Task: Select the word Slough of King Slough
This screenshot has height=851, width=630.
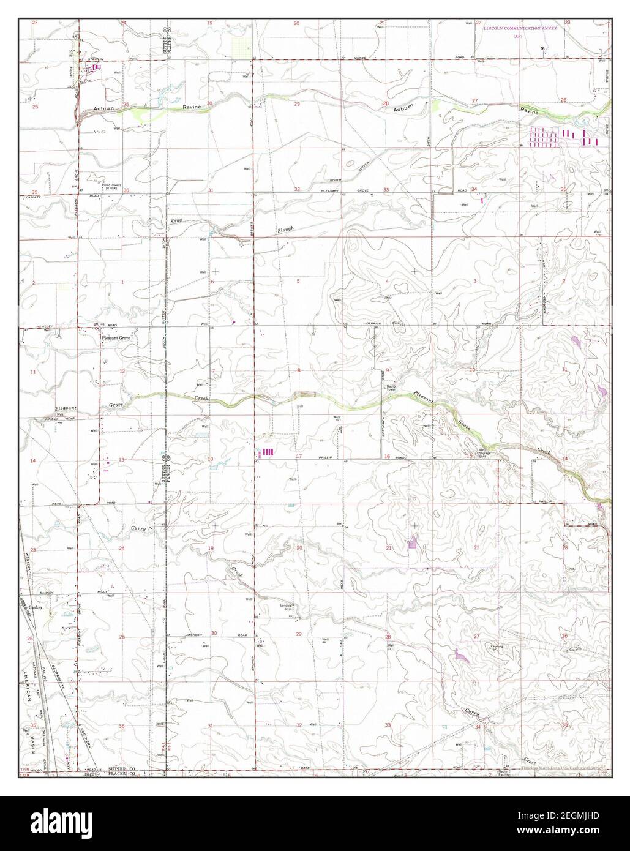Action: [284, 230]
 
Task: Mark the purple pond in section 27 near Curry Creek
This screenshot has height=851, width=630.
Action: [460, 656]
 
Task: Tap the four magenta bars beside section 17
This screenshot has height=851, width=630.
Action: [268, 453]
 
